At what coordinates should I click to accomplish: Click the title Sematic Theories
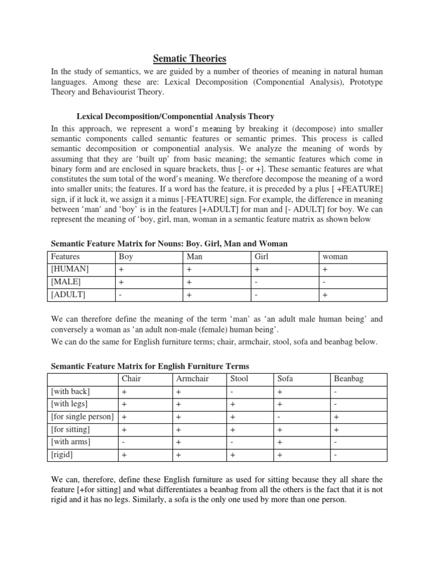[190, 58]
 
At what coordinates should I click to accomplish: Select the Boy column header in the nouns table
[126, 256]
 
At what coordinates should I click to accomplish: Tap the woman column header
[335, 256]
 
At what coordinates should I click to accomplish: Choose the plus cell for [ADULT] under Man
[189, 295]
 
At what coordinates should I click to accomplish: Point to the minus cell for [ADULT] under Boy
[121, 295]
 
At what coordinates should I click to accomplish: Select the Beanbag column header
[349, 378]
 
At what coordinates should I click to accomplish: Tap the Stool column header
[239, 378]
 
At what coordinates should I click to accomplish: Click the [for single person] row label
[82, 417]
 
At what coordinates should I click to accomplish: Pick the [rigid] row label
[62, 454]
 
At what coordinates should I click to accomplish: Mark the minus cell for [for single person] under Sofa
[278, 417]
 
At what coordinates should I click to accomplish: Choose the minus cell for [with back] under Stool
[232, 391]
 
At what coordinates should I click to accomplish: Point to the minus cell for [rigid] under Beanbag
[336, 454]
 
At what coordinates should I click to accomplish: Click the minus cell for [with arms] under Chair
[123, 441]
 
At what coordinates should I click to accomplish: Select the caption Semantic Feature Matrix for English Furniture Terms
[150, 366]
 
